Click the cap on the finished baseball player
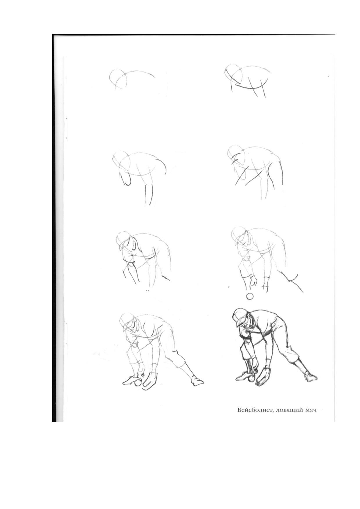[x=240, y=317]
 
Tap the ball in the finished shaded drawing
[x=251, y=379]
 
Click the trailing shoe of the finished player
[x=310, y=377]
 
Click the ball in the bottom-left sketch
[x=138, y=383]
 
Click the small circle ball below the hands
[x=250, y=297]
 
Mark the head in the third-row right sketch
[x=240, y=237]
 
